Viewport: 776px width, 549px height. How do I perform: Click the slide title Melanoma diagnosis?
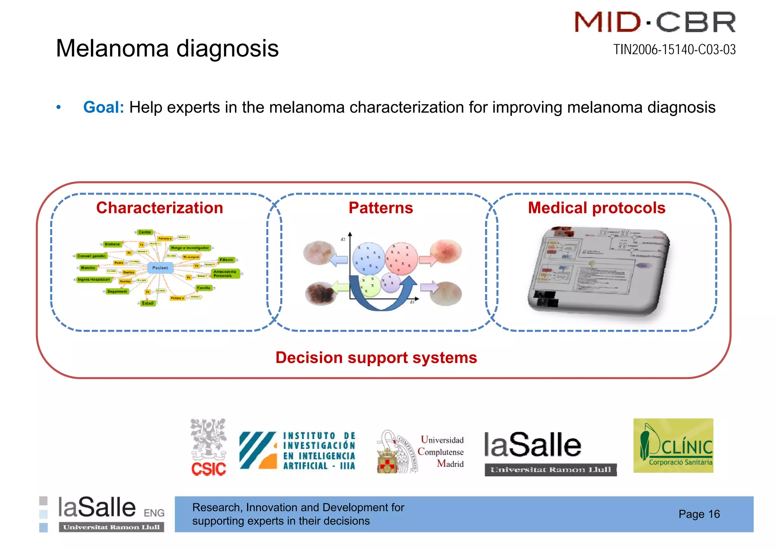click(x=167, y=49)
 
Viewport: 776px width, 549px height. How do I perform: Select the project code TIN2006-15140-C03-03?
click(x=674, y=50)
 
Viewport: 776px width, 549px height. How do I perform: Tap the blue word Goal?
click(x=103, y=107)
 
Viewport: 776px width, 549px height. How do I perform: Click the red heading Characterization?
click(x=160, y=208)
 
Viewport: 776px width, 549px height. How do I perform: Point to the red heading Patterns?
click(x=380, y=208)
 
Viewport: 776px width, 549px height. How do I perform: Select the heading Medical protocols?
click(x=596, y=208)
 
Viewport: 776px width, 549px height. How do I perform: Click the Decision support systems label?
click(x=376, y=358)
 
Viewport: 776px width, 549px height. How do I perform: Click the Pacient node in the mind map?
click(x=160, y=268)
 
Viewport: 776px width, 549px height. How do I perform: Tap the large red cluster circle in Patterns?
click(x=401, y=258)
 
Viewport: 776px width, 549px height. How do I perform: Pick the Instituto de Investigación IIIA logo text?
click(x=319, y=451)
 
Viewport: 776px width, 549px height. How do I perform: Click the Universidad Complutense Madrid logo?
click(x=421, y=451)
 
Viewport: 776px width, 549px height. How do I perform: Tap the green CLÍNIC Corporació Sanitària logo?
click(x=673, y=445)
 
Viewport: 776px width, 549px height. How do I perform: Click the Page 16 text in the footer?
click(x=699, y=514)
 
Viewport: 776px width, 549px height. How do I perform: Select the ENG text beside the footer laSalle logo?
click(x=154, y=513)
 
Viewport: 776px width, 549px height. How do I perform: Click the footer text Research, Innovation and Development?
click(x=298, y=507)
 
